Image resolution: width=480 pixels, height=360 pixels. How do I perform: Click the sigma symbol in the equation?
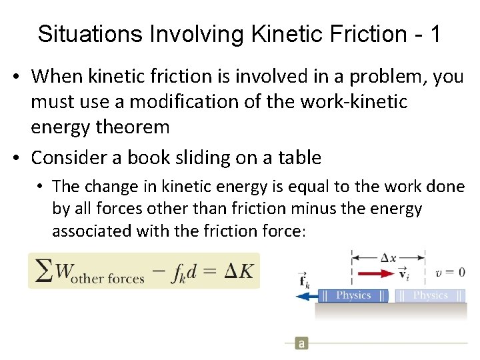(44, 271)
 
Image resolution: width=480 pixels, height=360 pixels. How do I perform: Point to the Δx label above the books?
(389, 257)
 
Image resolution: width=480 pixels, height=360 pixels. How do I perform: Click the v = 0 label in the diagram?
(450, 272)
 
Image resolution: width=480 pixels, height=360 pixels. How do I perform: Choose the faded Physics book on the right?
(430, 295)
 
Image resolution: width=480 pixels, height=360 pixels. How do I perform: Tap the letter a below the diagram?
(301, 343)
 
